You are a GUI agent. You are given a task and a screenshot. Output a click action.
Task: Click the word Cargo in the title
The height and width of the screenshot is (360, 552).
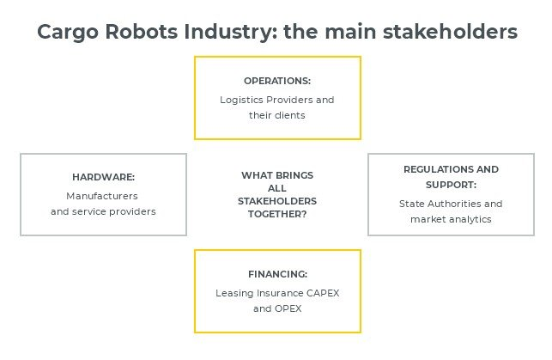(68, 33)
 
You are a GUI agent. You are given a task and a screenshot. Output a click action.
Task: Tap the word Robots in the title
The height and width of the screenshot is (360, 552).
(141, 31)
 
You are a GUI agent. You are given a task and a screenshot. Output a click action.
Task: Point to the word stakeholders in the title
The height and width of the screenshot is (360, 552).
(450, 31)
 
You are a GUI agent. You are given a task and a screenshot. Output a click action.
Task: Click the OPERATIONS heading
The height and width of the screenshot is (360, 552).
(277, 81)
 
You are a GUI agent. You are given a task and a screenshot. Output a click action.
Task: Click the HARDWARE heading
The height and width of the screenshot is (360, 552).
(104, 177)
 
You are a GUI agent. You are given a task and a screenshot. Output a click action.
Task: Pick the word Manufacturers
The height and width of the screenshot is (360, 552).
(102, 196)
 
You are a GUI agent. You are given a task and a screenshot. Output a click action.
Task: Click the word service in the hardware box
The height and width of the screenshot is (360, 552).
(89, 211)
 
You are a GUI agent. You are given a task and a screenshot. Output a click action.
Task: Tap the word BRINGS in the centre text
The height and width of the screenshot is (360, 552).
(294, 175)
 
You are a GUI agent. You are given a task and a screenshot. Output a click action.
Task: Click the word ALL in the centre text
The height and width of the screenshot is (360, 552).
(277, 188)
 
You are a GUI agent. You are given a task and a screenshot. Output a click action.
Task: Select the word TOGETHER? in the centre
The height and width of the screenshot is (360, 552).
(277, 214)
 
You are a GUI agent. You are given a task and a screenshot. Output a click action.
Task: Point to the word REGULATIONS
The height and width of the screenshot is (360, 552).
(439, 169)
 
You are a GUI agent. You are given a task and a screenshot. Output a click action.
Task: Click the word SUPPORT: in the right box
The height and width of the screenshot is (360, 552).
(451, 185)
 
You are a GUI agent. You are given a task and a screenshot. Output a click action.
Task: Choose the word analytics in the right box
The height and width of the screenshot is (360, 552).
(470, 219)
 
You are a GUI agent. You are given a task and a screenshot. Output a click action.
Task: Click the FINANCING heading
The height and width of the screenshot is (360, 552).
(278, 274)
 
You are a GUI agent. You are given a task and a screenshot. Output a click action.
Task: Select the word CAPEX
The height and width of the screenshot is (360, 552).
(323, 293)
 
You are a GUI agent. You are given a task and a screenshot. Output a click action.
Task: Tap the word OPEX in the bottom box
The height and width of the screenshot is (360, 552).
(288, 308)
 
